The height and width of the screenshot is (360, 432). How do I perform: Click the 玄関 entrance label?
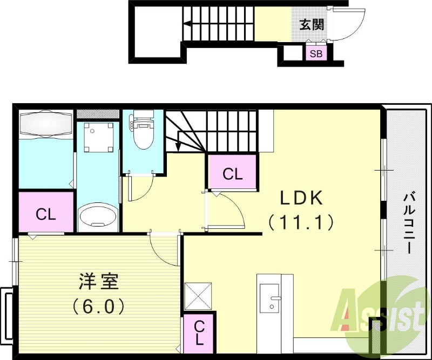(x=312, y=24)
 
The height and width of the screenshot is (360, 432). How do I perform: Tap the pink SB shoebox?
(x=316, y=54)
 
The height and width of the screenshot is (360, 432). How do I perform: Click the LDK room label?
(x=301, y=199)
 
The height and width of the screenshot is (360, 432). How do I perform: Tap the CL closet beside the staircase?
(x=233, y=173)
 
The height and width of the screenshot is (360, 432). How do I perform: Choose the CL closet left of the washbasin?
(x=46, y=214)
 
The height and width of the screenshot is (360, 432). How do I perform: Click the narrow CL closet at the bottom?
(x=199, y=332)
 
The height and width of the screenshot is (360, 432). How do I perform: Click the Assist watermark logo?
(x=381, y=313)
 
